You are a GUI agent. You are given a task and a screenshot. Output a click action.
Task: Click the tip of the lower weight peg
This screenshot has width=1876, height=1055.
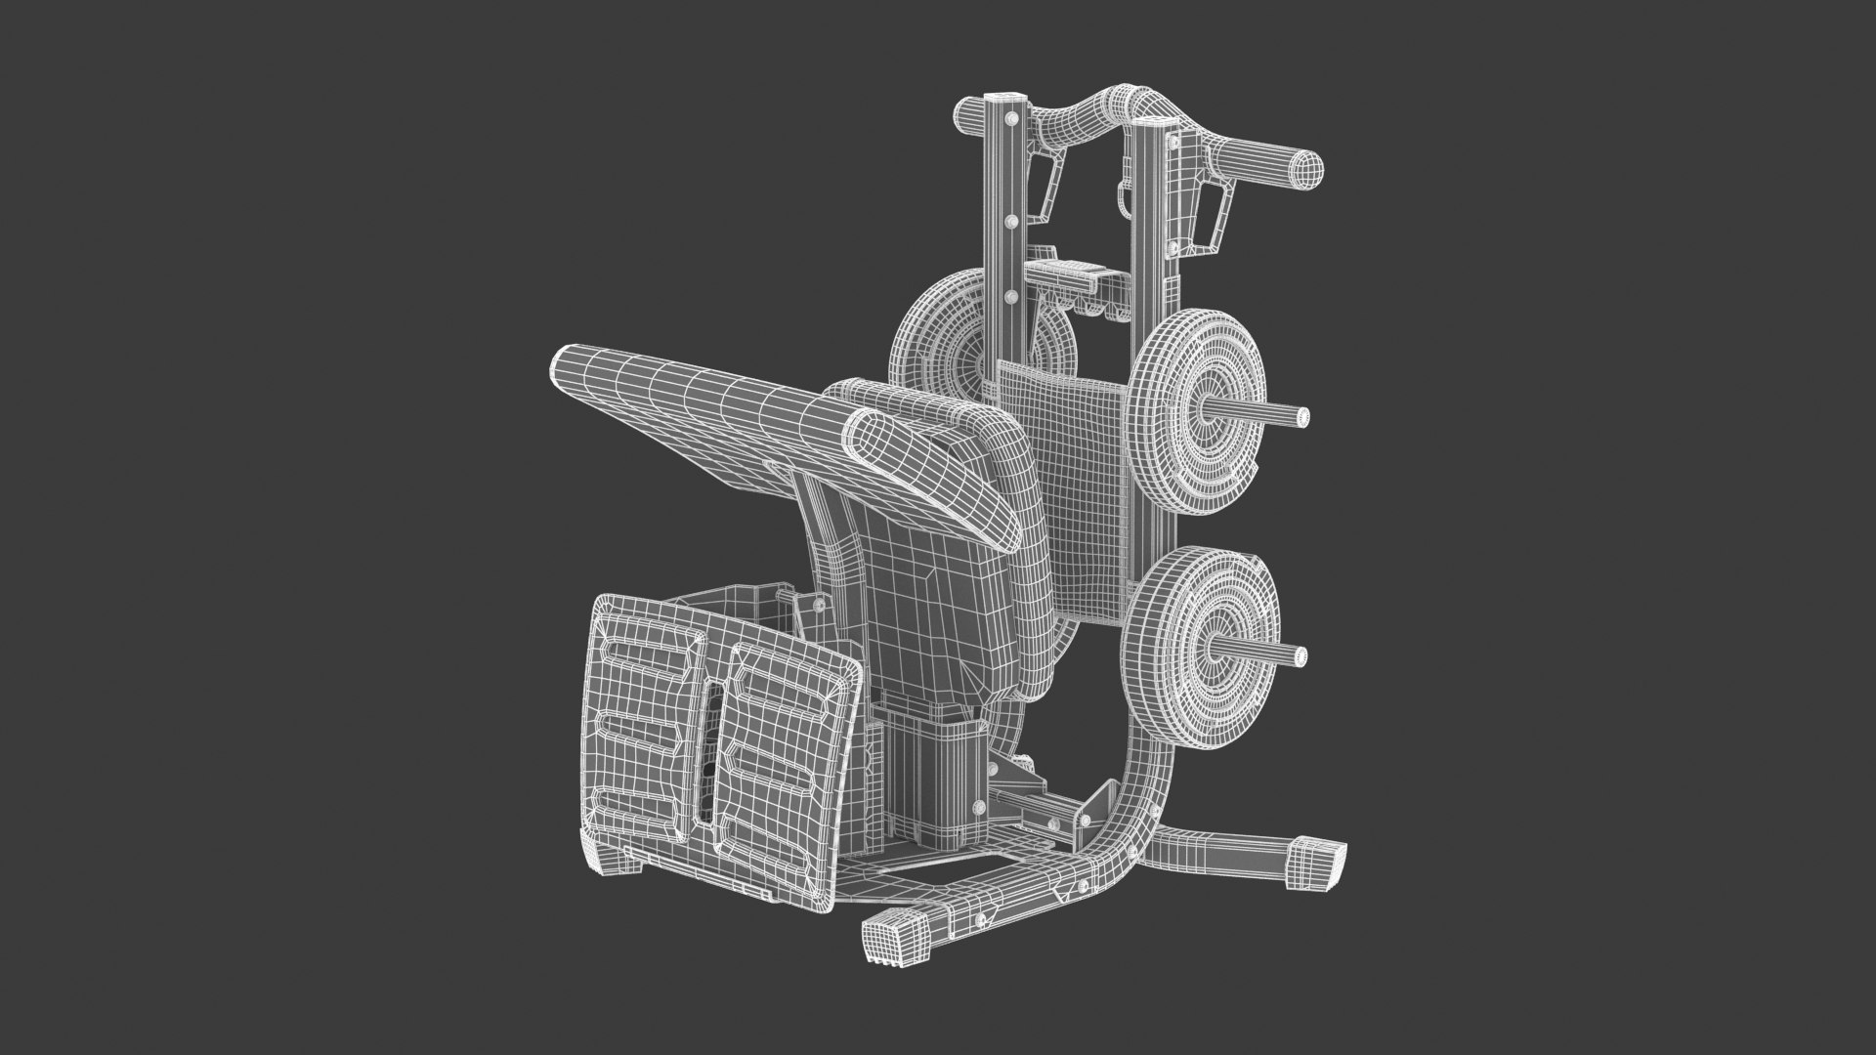click(x=1300, y=652)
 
